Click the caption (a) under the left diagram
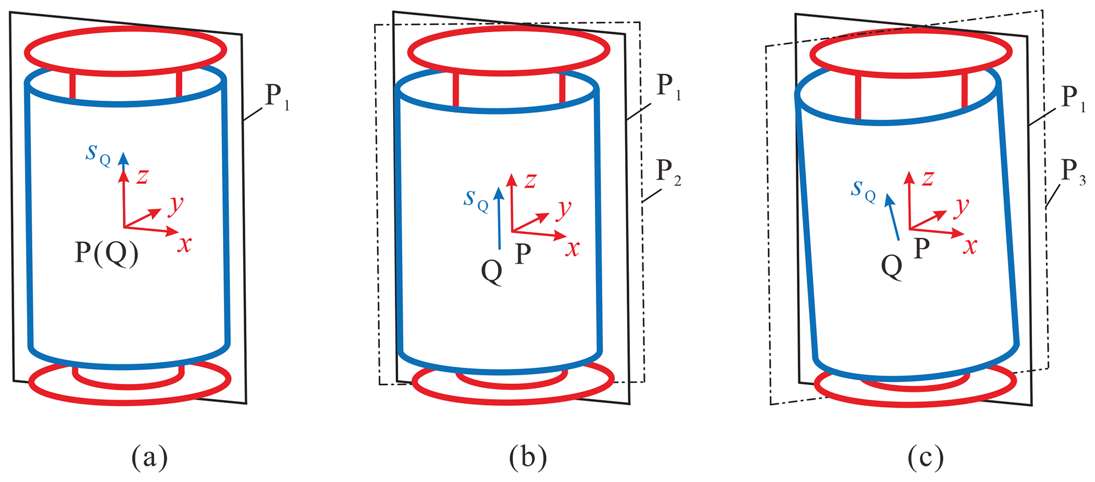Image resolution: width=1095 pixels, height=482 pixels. tap(150, 457)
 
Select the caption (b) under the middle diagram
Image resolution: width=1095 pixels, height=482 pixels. tap(528, 457)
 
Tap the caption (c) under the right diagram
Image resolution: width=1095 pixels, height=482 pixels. tap(925, 457)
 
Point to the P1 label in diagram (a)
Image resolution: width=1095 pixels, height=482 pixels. tap(277, 97)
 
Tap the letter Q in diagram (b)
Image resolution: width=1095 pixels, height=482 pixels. tap(492, 272)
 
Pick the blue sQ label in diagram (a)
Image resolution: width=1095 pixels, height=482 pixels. tap(99, 154)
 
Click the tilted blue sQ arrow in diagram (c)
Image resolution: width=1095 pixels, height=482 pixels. tap(892, 217)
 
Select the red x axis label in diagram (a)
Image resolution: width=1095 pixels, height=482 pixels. tap(184, 244)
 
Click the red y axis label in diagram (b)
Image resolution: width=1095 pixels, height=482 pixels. tap(564, 209)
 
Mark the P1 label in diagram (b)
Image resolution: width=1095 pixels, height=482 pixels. tap(668, 87)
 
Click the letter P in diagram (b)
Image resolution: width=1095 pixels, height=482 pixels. tap(523, 254)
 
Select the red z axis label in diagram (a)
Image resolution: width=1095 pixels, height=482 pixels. tap(141, 176)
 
